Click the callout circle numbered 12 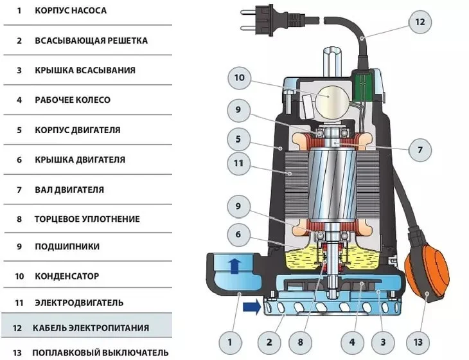pyautogui.click(x=420, y=22)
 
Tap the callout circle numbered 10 pyautogui.click(x=239, y=78)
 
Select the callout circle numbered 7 pyautogui.click(x=420, y=150)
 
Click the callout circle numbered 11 pyautogui.click(x=239, y=164)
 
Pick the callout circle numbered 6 pyautogui.click(x=239, y=235)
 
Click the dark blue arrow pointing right pyautogui.click(x=252, y=307)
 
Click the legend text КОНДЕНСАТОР pyautogui.click(x=67, y=276)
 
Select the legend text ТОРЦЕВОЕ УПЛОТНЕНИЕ pyautogui.click(x=78, y=219)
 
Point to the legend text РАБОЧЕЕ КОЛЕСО pyautogui.click(x=73, y=100)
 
